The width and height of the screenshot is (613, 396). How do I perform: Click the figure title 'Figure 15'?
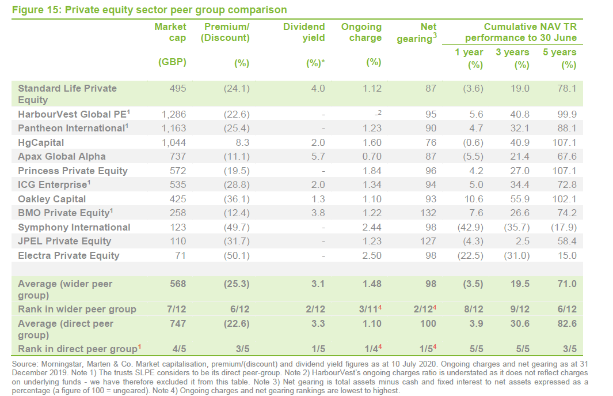[x=35, y=10]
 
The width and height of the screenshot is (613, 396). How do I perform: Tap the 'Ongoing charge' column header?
[x=361, y=32]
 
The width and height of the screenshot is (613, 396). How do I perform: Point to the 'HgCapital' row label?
[x=41, y=142]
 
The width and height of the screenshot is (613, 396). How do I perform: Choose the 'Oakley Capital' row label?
[x=52, y=199]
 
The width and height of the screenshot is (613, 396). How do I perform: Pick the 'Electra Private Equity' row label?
[x=68, y=255]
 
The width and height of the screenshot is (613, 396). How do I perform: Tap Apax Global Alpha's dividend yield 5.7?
[x=318, y=156]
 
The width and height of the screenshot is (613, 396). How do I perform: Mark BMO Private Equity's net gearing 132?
[x=428, y=213]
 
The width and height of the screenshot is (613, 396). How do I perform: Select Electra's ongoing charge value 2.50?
[x=372, y=255]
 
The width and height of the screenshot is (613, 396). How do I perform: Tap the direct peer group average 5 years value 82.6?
[x=566, y=323]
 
